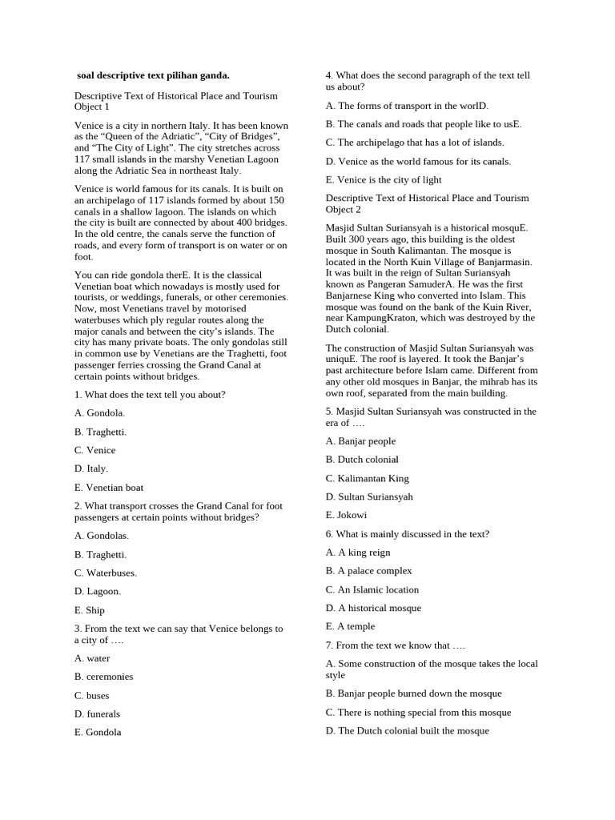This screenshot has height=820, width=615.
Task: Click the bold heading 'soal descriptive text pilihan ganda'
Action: tap(153, 75)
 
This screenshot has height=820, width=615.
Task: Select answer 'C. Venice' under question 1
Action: tap(94, 450)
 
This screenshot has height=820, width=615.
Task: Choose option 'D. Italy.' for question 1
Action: tap(90, 468)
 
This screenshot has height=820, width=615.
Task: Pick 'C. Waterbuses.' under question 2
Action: tap(105, 573)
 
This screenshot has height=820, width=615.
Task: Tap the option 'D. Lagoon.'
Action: tap(98, 591)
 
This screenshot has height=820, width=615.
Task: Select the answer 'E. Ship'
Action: tap(90, 610)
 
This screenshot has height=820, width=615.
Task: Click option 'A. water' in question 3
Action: tap(92, 658)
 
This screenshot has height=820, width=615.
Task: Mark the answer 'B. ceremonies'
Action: tap(104, 677)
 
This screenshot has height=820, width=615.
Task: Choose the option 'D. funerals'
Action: tap(97, 713)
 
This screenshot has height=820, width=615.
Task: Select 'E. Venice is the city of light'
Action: tap(384, 179)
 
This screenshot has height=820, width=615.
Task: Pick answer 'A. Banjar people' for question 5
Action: tap(360, 441)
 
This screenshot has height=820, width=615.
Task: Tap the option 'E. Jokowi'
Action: tap(346, 515)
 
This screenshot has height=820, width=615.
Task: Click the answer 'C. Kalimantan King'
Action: tap(367, 478)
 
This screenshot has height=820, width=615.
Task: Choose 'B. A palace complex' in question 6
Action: tap(368, 571)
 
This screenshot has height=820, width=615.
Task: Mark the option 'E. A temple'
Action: tap(350, 626)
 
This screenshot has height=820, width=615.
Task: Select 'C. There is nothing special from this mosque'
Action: tap(418, 712)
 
